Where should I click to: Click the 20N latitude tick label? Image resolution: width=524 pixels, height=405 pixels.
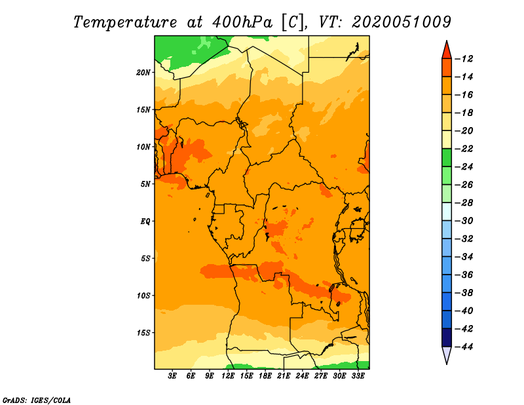[143, 73]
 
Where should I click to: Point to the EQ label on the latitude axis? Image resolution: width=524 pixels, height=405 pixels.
[145, 222]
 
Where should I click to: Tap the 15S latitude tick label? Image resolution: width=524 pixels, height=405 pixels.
[143, 333]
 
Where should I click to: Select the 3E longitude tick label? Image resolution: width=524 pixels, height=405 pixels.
[172, 376]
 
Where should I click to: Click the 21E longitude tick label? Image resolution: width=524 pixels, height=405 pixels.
[284, 376]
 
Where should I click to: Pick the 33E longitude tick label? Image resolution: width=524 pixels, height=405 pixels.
[358, 376]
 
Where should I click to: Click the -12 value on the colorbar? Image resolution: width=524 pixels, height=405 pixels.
[464, 59]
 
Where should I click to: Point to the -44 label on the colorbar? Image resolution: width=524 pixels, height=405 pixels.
[464, 347]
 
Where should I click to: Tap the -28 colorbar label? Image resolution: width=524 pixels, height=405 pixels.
[464, 203]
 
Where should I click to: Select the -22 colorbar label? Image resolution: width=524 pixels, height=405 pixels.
[464, 149]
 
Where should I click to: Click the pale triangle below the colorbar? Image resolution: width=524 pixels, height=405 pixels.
[447, 355]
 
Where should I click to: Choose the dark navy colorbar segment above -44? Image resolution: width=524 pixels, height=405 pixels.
[447, 337]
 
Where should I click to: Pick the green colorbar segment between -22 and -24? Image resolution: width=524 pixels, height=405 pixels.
[447, 158]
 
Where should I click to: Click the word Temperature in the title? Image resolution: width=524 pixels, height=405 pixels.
[125, 23]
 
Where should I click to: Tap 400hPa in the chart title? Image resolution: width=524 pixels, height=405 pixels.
[242, 22]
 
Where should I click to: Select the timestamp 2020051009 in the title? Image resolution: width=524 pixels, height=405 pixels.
[402, 22]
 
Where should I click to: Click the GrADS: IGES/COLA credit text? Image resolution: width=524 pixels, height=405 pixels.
[37, 400]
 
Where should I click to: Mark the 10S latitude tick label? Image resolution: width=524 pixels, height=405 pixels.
[143, 296]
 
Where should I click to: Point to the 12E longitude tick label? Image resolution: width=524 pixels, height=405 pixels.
[227, 376]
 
